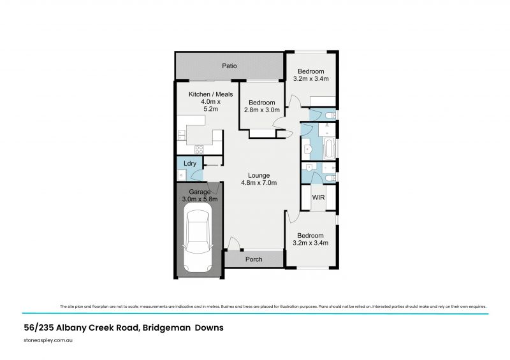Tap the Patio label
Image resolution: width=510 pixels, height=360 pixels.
pyautogui.click(x=229, y=66)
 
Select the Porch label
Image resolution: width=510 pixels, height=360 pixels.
pyautogui.click(x=254, y=259)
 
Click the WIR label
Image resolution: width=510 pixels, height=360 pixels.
pyautogui.click(x=318, y=198)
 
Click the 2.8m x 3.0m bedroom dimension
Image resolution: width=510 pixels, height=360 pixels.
pyautogui.click(x=261, y=110)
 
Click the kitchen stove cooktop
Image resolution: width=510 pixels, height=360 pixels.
pyautogui.click(x=198, y=150)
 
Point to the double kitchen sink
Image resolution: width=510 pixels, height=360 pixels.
pyautogui.click(x=181, y=134)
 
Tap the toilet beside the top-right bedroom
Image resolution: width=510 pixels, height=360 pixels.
pyautogui.click(x=328, y=115)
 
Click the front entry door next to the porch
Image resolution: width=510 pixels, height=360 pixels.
pyautogui.click(x=234, y=244)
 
